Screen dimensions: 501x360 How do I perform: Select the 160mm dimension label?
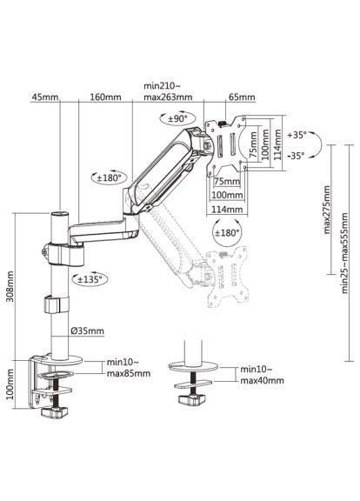[x=104, y=97]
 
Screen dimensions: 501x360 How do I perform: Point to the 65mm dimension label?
[x=235, y=97]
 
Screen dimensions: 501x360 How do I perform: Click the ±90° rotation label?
[x=177, y=118]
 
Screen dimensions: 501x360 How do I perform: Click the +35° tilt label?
[x=296, y=136]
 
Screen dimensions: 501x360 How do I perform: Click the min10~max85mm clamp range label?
[x=128, y=368]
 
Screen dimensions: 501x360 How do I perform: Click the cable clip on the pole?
[x=52, y=305]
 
